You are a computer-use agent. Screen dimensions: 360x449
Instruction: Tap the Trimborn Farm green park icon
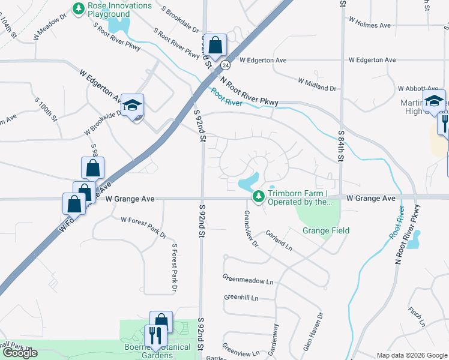coord(259,197)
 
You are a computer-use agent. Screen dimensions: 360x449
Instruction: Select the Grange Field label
coord(325,230)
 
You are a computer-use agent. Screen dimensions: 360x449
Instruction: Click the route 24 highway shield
coord(225,64)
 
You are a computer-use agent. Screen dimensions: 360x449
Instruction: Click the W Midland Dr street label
coord(317,84)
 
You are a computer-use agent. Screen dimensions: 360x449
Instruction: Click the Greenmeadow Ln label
coord(248,280)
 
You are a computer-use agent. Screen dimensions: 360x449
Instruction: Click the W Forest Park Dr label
coord(143,227)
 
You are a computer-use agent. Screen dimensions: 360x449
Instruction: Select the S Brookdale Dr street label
coord(181,19)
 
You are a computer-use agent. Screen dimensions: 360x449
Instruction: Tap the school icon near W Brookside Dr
coord(132,105)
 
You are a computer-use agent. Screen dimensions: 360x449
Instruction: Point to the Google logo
coord(20,353)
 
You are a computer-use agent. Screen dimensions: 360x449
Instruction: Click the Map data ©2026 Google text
coord(412,355)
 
